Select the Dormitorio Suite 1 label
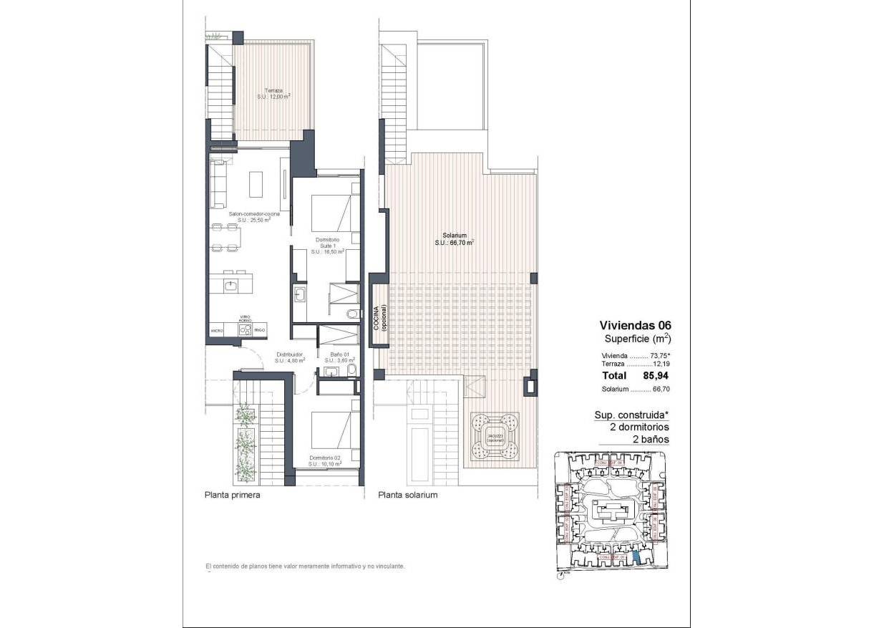pos(327,246)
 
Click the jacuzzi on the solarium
pos(495,438)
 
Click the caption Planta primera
pos(232,495)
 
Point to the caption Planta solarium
pos(407,495)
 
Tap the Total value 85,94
pos(657,375)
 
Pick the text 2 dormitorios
pos(634,427)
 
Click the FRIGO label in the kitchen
pos(260,330)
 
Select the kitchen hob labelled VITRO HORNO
pos(244,329)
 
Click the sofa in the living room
pos(218,182)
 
